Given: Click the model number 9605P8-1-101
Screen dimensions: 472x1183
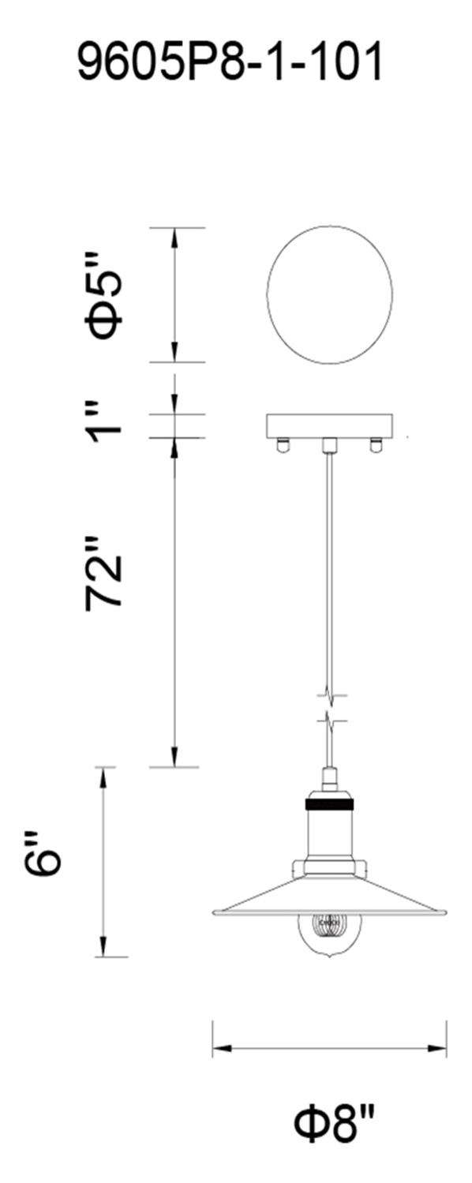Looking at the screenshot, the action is [x=230, y=62].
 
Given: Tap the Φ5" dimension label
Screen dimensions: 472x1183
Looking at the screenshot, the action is [x=105, y=296].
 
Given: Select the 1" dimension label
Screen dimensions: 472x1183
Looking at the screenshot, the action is [x=105, y=422].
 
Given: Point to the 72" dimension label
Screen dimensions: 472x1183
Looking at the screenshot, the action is [x=105, y=573].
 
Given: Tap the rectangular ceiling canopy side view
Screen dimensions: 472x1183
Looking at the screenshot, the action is [x=330, y=426].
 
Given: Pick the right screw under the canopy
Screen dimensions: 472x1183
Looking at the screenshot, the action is [x=376, y=445].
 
